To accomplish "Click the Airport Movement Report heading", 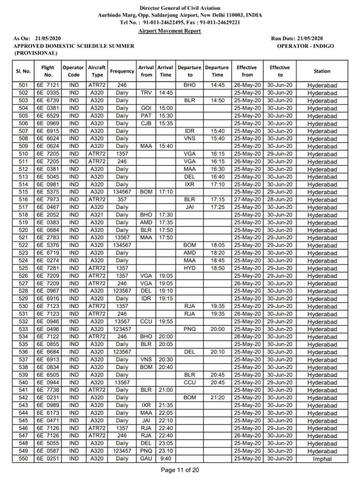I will coord(169,31).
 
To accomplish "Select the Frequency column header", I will coord(122,71).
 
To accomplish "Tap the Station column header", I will coord(322,71).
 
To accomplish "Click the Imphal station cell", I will coord(322,459).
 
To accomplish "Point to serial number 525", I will coord(23,268).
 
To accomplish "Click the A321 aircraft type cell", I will coord(97,215).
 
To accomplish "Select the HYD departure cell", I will coord(189,268).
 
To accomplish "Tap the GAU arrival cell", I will coord(146,458).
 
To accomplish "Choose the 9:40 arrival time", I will coord(165,458).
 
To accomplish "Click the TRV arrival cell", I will coord(146,93).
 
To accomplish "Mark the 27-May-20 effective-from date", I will coord(247,199).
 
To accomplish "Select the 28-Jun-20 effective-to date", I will coord(280,199).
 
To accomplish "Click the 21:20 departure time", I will coord(217,397).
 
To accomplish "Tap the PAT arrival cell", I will coord(146,116).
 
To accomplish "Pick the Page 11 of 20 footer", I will coord(180,470).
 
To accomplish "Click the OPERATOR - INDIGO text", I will coord(305,46).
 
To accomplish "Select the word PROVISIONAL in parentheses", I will coord(36,53).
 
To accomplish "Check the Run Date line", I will coord(297,38).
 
